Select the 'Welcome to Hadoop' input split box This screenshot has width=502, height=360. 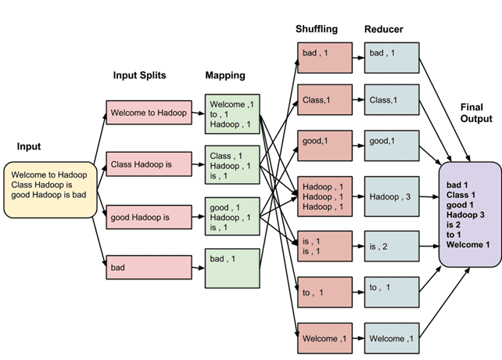pyautogui.click(x=149, y=113)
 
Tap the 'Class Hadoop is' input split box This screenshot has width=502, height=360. pyautogui.click(x=149, y=164)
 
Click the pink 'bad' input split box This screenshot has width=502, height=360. pyautogui.click(x=149, y=267)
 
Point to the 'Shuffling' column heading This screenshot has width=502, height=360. pyautogui.click(x=317, y=29)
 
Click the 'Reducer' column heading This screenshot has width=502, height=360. pyautogui.click(x=383, y=29)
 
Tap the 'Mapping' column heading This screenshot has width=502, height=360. pyautogui.click(x=226, y=75)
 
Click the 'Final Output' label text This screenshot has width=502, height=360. pyautogui.click(x=476, y=113)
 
